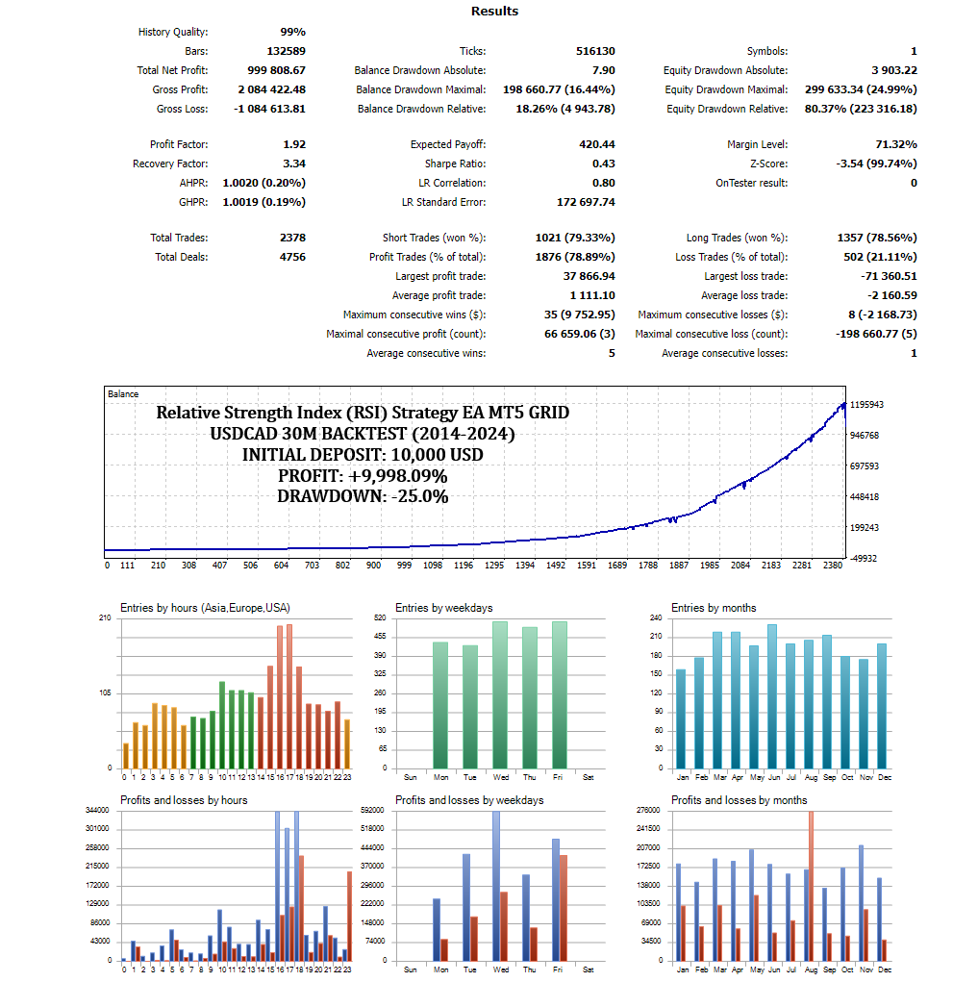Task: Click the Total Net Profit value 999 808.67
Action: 273,70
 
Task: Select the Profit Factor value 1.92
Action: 294,144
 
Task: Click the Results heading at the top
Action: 494,12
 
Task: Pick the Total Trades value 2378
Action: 288,238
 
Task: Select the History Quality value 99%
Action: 292,32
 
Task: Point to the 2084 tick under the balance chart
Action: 740,566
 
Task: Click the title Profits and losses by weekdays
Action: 469,800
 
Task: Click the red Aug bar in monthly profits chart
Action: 811,885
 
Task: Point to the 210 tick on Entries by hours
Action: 105,617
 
